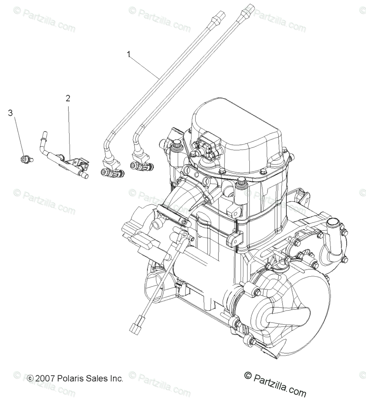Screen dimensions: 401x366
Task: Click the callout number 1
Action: pos(129,55)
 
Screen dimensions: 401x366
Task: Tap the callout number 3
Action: pos(10,113)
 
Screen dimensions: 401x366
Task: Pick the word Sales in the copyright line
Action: pos(96,378)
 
